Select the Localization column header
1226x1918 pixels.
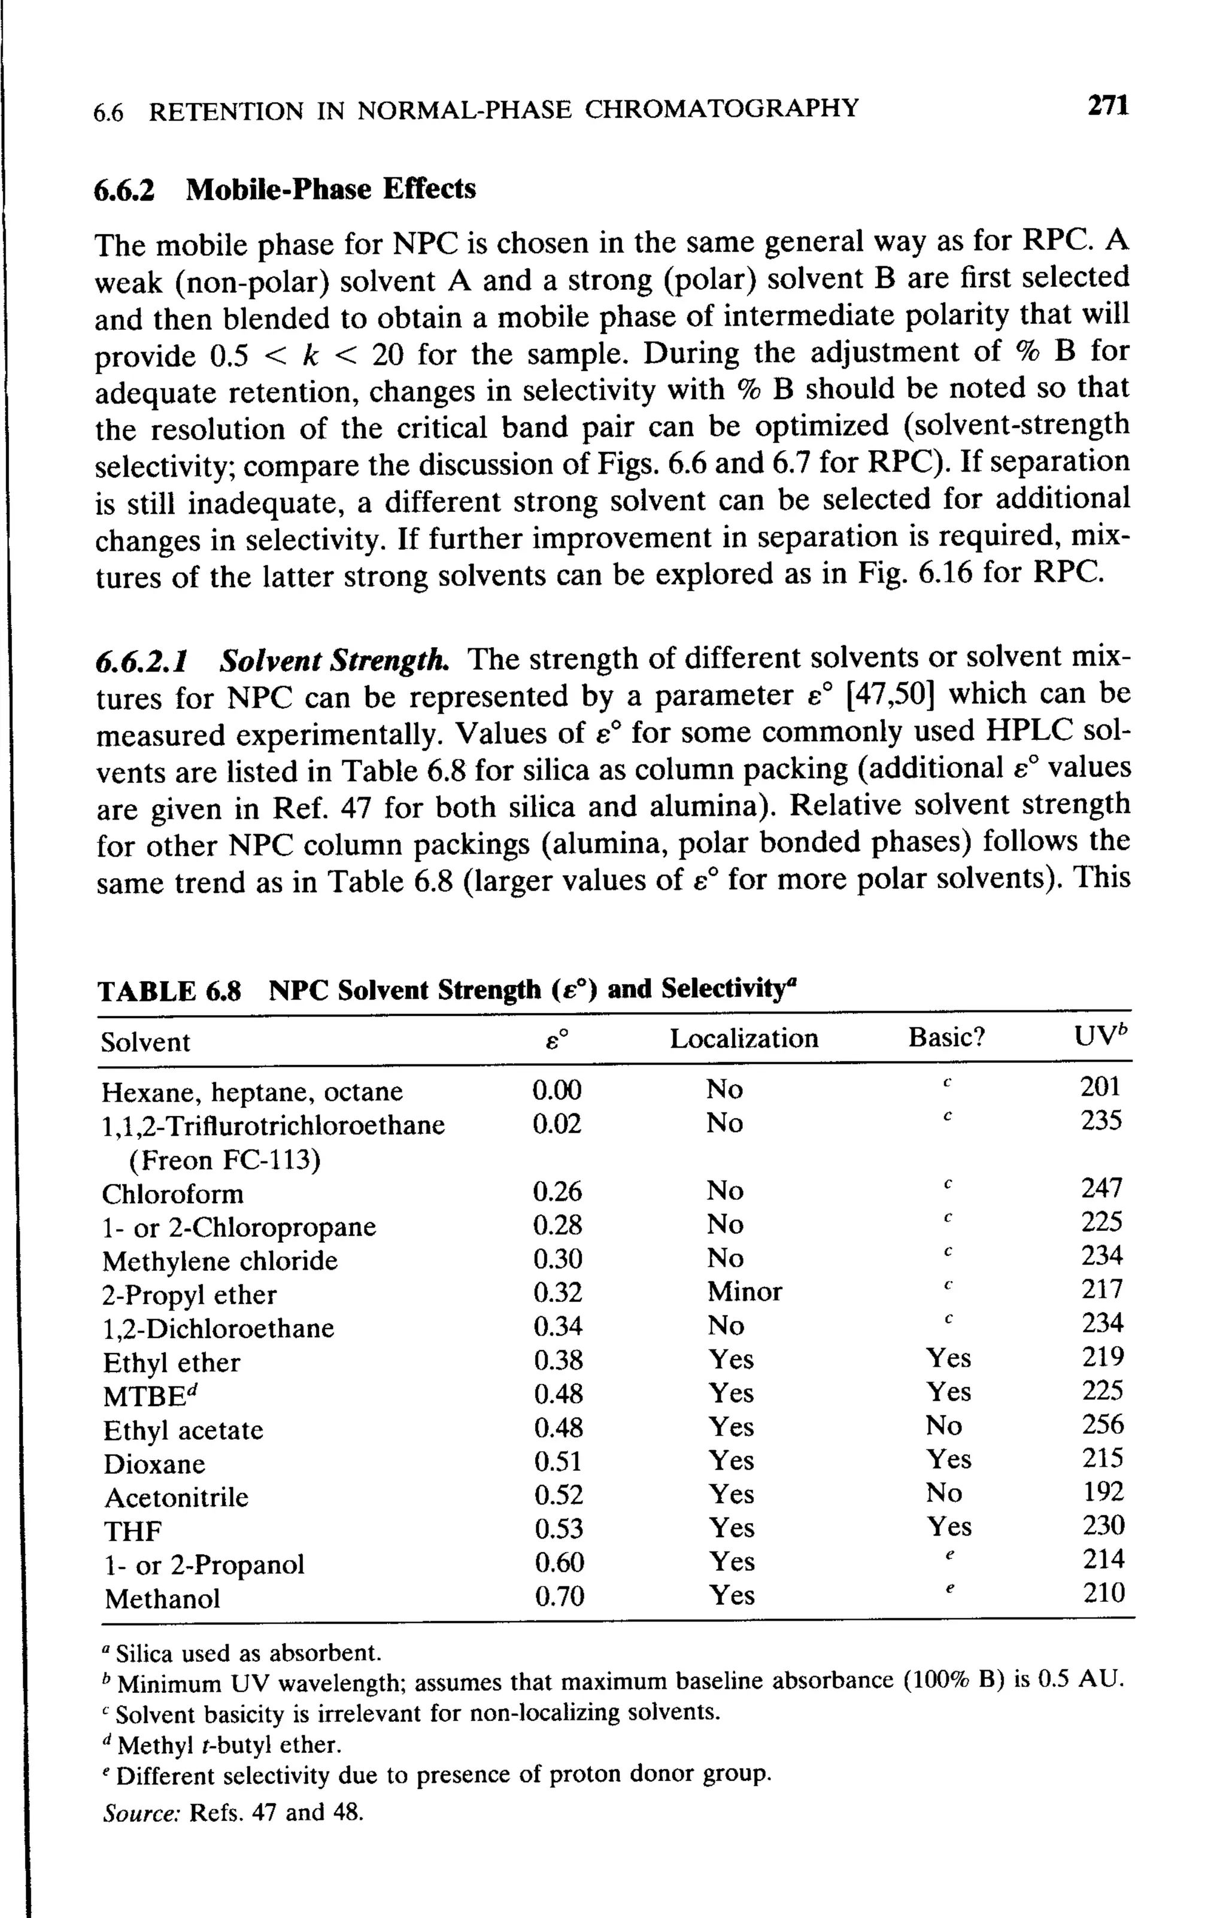(744, 1039)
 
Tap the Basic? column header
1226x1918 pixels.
(946, 1037)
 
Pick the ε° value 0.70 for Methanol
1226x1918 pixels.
(559, 1596)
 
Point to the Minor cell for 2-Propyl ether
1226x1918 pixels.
(744, 1291)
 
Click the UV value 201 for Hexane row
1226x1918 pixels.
(1100, 1087)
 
